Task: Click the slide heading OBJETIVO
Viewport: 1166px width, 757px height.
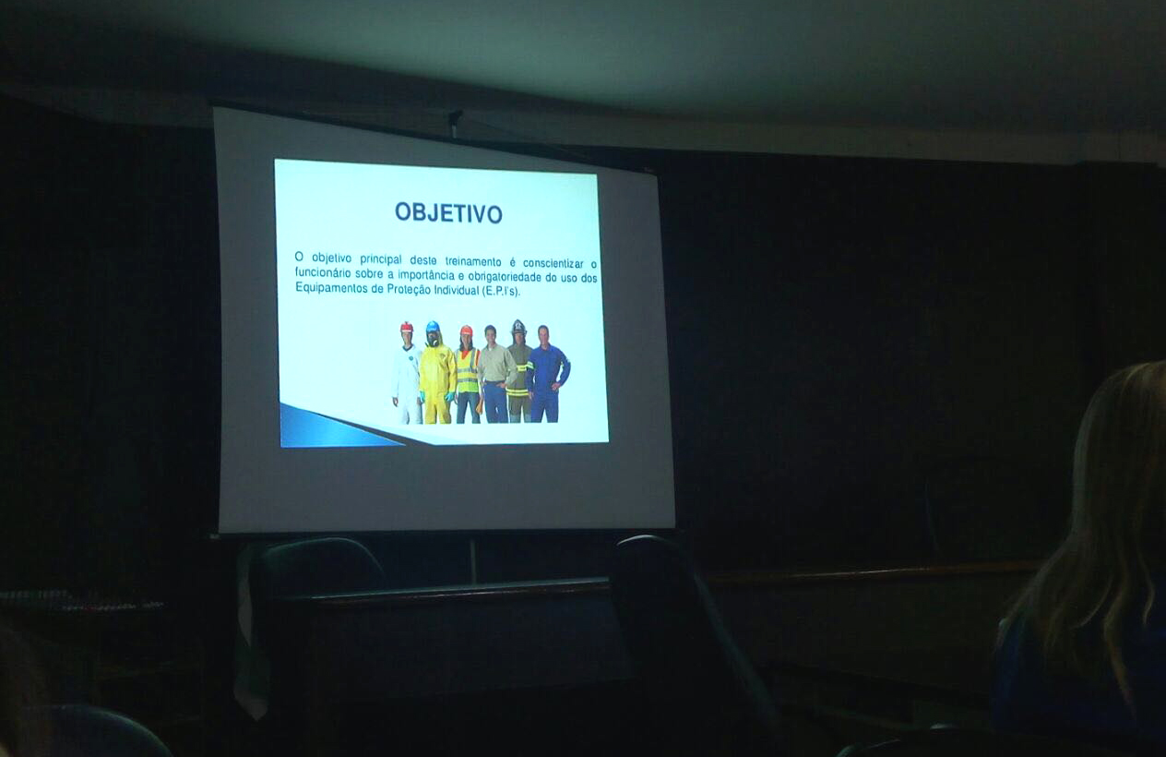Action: [448, 212]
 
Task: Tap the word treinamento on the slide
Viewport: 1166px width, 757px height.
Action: [472, 261]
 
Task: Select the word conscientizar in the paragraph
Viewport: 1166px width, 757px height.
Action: [553, 263]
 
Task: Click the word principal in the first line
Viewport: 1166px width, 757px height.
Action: [381, 259]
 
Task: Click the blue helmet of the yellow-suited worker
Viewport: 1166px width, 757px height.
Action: [432, 327]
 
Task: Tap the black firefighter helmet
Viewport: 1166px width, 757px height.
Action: [518, 327]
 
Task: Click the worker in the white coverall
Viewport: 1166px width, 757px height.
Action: [407, 372]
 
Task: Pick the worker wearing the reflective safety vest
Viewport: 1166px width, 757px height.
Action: [468, 374]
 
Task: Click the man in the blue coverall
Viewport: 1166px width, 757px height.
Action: [546, 374]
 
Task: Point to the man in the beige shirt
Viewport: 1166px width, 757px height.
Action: [496, 374]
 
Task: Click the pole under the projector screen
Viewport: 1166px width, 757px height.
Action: [472, 560]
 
